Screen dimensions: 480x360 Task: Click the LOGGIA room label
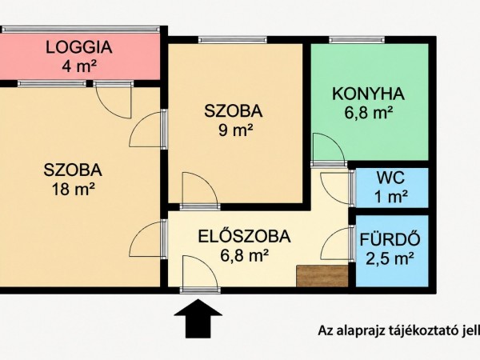(79, 47)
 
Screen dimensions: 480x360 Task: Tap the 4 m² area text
(79, 66)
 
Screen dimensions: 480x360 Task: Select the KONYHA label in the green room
(369, 94)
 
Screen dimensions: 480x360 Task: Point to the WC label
(390, 178)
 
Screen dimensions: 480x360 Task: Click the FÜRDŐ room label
(390, 239)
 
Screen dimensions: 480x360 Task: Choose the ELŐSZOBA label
(244, 236)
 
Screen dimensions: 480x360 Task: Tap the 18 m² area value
(73, 189)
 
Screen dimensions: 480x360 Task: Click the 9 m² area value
(235, 130)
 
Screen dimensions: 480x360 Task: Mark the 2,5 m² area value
(390, 259)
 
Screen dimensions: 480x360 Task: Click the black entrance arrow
(198, 318)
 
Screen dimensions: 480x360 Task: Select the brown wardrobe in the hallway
(322, 276)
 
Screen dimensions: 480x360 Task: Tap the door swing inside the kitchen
(328, 149)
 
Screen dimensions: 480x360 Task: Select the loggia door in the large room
(114, 100)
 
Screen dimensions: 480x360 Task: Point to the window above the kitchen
(357, 39)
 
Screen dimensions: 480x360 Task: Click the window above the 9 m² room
(233, 39)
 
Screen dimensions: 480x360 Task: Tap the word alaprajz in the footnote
(360, 331)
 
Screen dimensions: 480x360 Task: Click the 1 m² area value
(391, 197)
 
